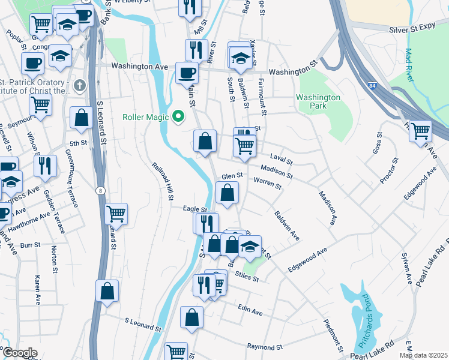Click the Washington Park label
[x=318, y=102]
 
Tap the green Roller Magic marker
[x=178, y=116]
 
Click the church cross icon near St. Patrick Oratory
[x=78, y=86]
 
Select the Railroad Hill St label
[x=163, y=181]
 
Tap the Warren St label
[x=267, y=182]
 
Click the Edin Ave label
[x=250, y=312]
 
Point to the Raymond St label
[x=265, y=347]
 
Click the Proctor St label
[x=389, y=171]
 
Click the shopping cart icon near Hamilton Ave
[x=420, y=130]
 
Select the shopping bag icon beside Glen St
[x=227, y=193]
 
